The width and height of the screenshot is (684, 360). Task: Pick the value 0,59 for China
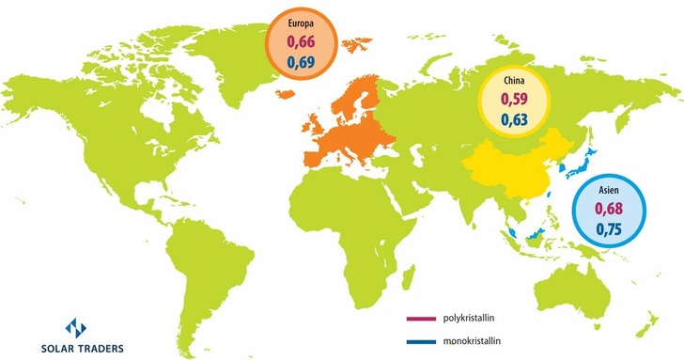tap(513, 99)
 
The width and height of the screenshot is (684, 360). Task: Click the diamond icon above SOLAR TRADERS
tap(74, 328)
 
